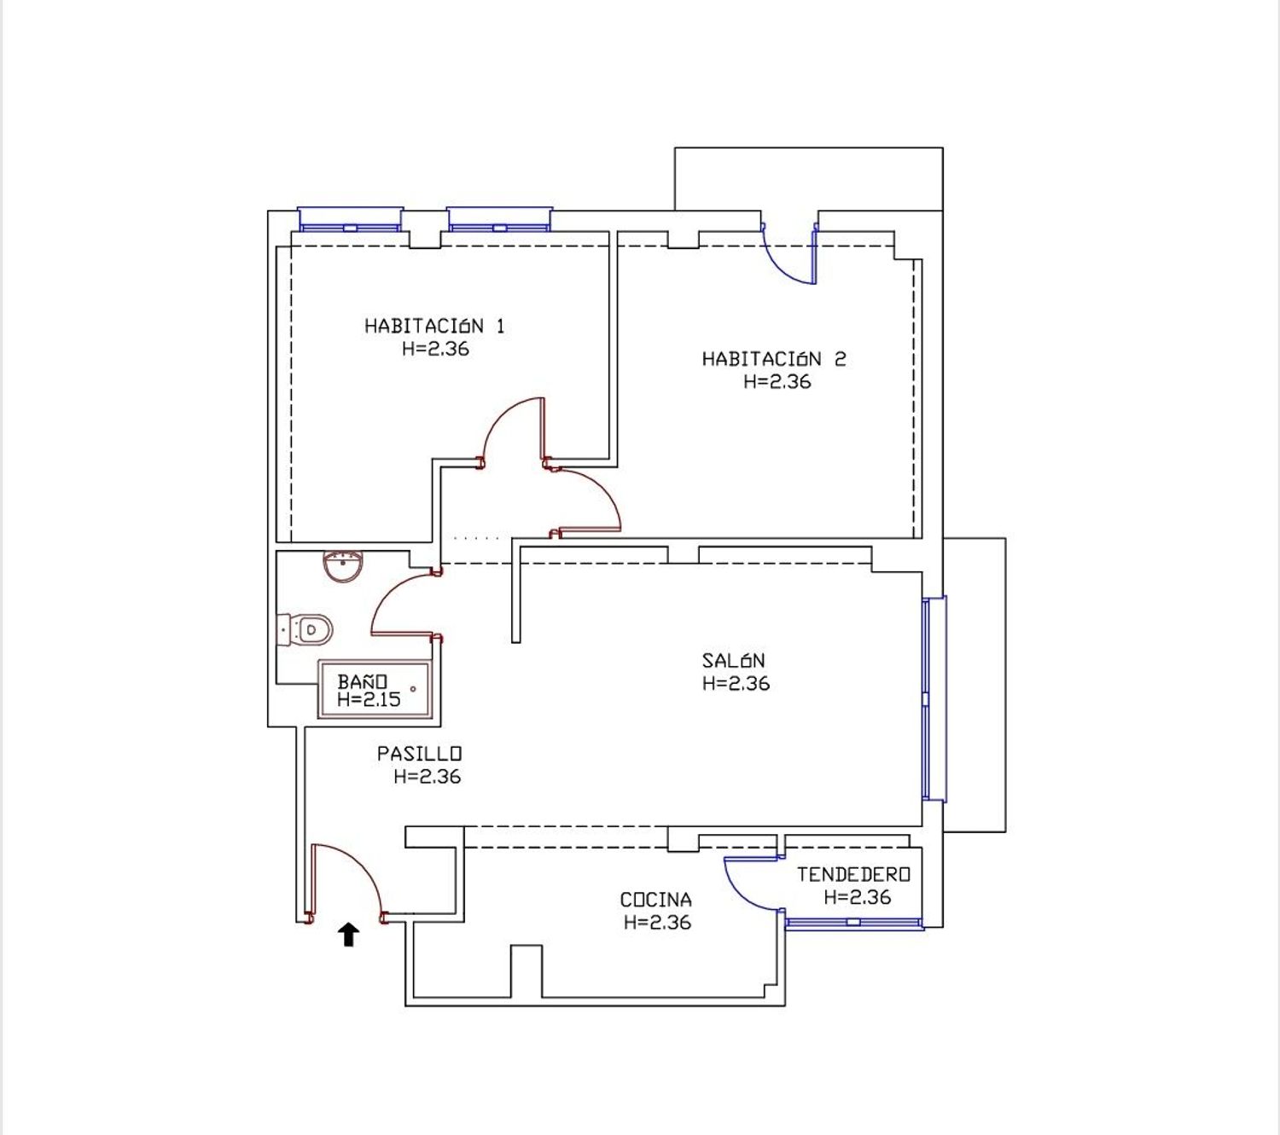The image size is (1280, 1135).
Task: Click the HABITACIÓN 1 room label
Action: coord(434,327)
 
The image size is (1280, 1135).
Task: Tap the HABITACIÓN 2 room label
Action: coord(774,359)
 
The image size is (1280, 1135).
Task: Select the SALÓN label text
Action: coord(734,661)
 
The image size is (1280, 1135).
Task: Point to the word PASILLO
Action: coord(420,754)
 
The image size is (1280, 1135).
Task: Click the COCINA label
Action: coord(656,900)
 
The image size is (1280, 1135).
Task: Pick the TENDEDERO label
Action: coord(853,874)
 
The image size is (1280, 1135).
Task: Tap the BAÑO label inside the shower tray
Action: coord(362,681)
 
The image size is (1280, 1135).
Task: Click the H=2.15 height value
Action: coord(369,699)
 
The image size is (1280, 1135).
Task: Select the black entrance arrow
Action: coord(348,935)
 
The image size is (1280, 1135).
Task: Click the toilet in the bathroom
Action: coord(305,629)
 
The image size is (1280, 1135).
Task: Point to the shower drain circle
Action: coord(413,689)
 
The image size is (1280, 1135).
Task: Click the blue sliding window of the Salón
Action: coord(934,699)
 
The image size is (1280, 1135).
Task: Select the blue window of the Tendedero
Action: coord(854,923)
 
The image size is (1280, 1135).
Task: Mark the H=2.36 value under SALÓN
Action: coord(736,684)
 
